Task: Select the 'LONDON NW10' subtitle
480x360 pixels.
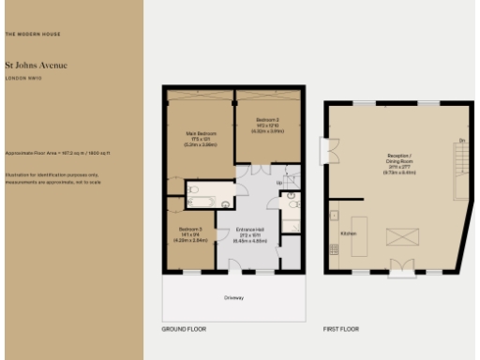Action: click(24, 79)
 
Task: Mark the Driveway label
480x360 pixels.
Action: click(234, 298)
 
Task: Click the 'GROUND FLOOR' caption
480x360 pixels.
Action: click(184, 329)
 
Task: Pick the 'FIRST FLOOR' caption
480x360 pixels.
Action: click(342, 329)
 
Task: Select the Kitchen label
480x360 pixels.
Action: click(348, 232)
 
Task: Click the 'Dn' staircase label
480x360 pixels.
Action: click(461, 142)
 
